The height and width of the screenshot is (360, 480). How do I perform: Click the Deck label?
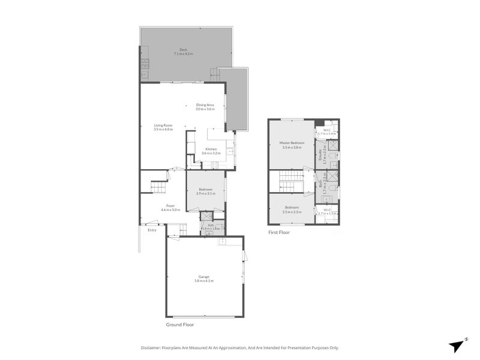(184, 50)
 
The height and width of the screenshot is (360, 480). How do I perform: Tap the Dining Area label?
(205, 105)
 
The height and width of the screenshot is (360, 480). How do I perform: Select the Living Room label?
(163, 125)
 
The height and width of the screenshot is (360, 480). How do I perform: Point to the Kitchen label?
(211, 149)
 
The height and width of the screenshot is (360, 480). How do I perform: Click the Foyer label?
(171, 206)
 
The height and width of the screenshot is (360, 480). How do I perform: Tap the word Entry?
(152, 229)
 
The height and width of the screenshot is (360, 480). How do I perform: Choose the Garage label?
(204, 277)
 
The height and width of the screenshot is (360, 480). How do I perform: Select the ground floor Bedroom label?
(205, 190)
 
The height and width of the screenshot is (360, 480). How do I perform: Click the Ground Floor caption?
(180, 324)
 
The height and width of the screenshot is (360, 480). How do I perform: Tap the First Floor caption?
(279, 232)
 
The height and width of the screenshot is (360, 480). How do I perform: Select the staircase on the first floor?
(292, 181)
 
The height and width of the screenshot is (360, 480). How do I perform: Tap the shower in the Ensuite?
(333, 145)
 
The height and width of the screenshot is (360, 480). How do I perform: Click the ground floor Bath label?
(211, 225)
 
